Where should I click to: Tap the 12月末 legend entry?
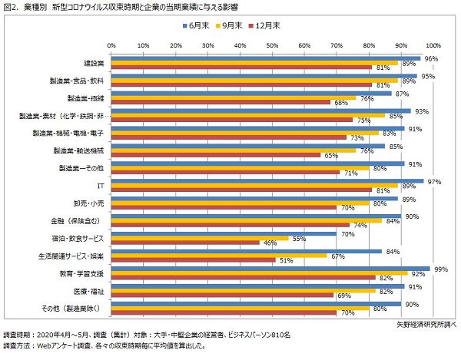tap(266, 25)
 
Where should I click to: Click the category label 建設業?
tap(94, 62)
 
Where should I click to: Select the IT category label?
tap(100, 186)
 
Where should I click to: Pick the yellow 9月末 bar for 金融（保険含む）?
tap(246, 221)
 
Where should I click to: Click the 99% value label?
tap(441, 269)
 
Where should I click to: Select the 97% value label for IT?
tap(435, 180)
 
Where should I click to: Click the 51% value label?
tap(285, 260)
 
